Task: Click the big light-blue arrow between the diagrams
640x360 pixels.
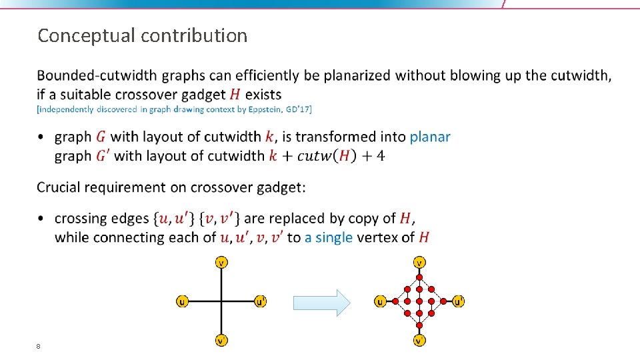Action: click(321, 302)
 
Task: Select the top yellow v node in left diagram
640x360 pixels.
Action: click(221, 262)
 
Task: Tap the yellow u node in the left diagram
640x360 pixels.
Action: click(181, 301)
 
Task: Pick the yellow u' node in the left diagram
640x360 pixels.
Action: click(261, 301)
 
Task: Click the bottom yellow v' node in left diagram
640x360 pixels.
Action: click(221, 341)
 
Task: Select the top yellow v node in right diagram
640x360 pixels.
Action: click(419, 262)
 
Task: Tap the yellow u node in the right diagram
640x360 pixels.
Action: click(380, 301)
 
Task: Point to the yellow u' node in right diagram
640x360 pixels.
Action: click(458, 301)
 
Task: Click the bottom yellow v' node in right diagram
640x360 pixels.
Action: click(419, 341)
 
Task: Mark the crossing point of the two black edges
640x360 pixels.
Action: click(221, 301)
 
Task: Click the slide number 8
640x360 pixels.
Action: click(39, 346)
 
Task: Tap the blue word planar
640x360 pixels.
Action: click(430, 137)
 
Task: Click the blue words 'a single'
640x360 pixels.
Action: click(329, 237)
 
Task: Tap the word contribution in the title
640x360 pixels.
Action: click(194, 35)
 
